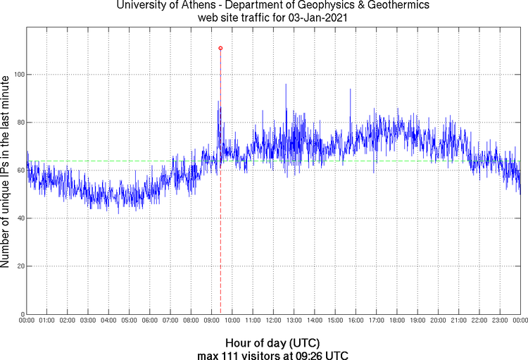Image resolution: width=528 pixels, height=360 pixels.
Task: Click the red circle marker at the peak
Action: tap(220, 48)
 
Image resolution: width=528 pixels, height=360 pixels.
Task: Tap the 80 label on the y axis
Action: tap(20, 123)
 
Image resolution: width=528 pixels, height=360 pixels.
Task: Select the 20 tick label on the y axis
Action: tap(20, 266)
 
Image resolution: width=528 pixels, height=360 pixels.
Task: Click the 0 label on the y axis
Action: tap(22, 314)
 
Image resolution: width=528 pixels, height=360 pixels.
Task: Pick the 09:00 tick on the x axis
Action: tap(211, 321)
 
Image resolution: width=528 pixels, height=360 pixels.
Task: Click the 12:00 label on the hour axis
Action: tap(273, 321)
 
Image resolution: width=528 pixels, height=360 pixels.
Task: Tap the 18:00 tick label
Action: tap(396, 321)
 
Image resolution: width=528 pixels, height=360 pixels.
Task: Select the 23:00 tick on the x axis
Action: tap(499, 321)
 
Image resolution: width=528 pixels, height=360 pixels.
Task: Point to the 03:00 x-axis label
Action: tap(88, 321)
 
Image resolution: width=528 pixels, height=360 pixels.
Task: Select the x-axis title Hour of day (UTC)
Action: tap(273, 342)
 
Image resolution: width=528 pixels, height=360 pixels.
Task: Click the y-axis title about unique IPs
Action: tap(6, 173)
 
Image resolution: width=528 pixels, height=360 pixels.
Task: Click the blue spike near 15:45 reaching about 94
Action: tap(350, 89)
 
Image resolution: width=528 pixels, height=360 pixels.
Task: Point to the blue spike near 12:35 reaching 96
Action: tap(286, 85)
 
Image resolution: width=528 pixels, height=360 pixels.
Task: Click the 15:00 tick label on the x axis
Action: tap(334, 321)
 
